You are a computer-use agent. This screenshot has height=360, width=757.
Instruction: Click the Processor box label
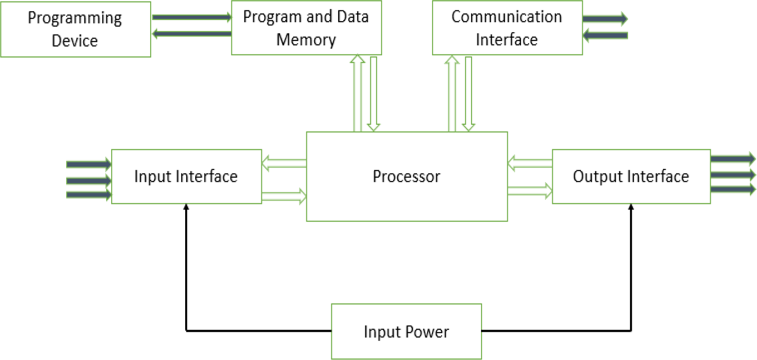pyautogui.click(x=406, y=176)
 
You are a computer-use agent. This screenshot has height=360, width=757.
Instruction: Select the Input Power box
pyautogui.click(x=406, y=331)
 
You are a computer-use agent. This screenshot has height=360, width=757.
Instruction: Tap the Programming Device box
pyautogui.click(x=75, y=29)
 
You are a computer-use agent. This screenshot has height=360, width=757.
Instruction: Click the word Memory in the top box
pyautogui.click(x=306, y=40)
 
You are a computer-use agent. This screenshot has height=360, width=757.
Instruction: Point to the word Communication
pyautogui.click(x=506, y=17)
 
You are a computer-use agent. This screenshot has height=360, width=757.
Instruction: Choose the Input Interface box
pyautogui.click(x=186, y=176)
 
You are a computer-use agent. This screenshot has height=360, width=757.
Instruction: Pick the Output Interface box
pyautogui.click(x=631, y=176)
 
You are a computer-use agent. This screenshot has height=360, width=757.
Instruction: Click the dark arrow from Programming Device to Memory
pyautogui.click(x=192, y=17)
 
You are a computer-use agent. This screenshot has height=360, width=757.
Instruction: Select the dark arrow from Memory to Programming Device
pyautogui.click(x=192, y=34)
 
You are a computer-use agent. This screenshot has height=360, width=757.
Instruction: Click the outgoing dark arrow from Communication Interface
pyautogui.click(x=605, y=19)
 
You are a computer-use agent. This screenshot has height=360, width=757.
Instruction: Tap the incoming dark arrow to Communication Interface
pyautogui.click(x=605, y=35)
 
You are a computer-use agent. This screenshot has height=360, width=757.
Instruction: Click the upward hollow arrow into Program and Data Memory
pyautogui.click(x=358, y=93)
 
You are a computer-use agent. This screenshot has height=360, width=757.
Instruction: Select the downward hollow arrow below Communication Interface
pyautogui.click(x=468, y=93)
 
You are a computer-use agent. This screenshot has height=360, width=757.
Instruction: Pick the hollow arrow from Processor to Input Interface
pyautogui.click(x=284, y=163)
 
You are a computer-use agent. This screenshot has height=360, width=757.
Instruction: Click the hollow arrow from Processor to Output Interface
pyautogui.click(x=530, y=191)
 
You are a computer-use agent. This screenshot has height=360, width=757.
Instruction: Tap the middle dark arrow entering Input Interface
pyautogui.click(x=88, y=181)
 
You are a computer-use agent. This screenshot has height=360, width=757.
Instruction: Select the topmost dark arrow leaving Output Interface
pyautogui.click(x=732, y=159)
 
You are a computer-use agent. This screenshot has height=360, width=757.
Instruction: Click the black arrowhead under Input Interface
pyautogui.click(x=186, y=207)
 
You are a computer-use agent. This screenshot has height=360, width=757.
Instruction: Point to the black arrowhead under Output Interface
pyautogui.click(x=631, y=207)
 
